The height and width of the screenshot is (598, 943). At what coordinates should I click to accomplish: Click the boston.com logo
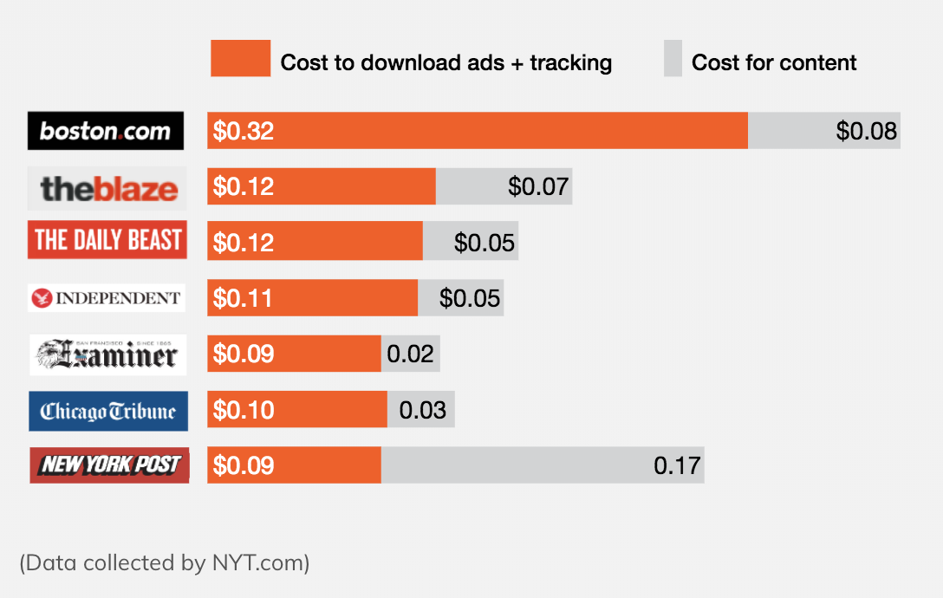point(106,131)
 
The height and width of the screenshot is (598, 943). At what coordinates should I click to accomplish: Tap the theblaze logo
point(107,188)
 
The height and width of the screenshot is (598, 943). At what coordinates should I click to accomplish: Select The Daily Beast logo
point(107,240)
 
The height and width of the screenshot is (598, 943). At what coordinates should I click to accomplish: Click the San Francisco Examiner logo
point(107,354)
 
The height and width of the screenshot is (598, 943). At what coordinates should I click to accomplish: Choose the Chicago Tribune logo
point(107,411)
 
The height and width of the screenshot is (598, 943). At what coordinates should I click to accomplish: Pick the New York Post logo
point(109,465)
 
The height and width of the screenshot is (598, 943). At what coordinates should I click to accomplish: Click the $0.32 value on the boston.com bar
point(244,131)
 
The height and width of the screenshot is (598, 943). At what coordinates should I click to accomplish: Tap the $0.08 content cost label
point(866,131)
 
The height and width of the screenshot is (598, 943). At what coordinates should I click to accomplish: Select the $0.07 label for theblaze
point(537,186)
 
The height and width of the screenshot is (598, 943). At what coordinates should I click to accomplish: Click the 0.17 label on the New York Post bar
point(677,465)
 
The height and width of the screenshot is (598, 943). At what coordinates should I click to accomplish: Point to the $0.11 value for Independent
point(243,298)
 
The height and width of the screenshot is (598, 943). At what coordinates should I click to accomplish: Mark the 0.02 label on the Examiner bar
point(410,354)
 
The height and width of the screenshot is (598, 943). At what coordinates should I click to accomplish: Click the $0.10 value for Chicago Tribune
point(244,410)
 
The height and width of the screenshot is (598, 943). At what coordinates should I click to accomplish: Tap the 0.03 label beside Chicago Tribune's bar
point(423,410)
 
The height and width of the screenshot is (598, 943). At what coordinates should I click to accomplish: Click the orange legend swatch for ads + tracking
point(240,58)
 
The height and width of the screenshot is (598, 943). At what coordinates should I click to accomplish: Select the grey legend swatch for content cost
point(673,58)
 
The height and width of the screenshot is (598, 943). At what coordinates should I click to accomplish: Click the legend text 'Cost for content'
point(774,62)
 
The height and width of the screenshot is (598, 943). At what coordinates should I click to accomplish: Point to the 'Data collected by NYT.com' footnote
point(165,562)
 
